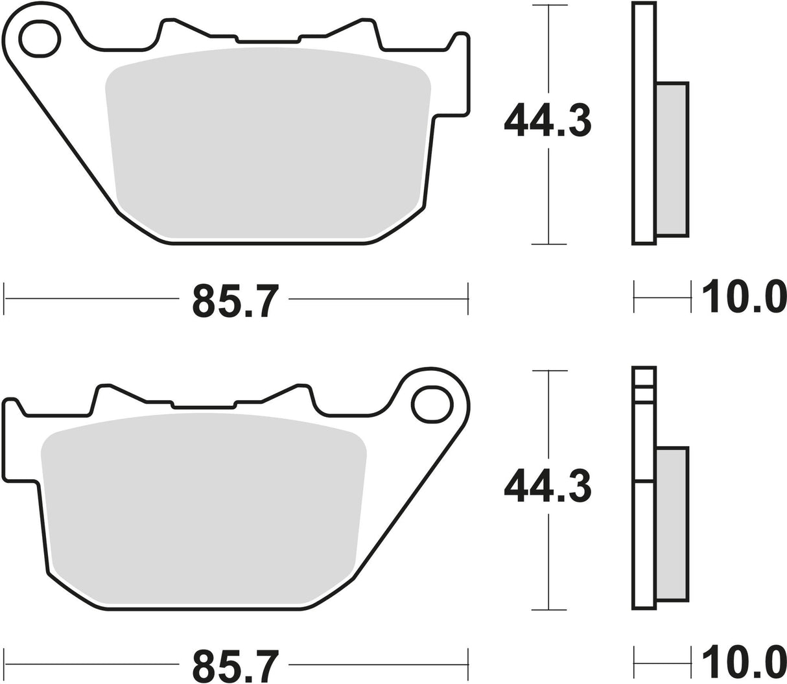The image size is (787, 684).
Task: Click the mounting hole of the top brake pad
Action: click(40, 38)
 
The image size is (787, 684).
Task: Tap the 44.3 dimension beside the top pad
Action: click(548, 119)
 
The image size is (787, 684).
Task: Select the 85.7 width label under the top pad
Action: click(236, 300)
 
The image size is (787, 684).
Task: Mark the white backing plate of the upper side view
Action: click(644, 123)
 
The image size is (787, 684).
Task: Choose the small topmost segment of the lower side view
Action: click(644, 377)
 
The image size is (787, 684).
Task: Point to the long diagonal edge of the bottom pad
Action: click(408, 502)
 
